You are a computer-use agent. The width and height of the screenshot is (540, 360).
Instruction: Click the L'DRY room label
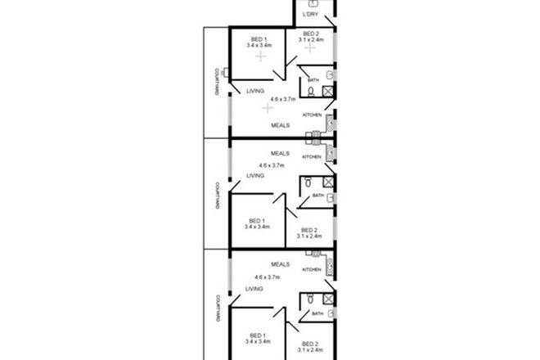[x=310, y=15]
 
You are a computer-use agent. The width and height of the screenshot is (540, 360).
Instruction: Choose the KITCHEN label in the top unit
[x=313, y=115]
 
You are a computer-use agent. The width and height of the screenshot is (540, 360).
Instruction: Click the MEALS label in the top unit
[x=282, y=125]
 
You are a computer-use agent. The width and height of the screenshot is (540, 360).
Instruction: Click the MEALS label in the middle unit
[x=282, y=152]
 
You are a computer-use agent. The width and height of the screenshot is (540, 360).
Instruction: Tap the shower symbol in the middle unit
[x=328, y=182]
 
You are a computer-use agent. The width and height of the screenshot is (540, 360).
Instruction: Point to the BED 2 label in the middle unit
[x=309, y=229]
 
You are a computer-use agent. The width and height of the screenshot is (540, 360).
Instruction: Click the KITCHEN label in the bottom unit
[x=313, y=268]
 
